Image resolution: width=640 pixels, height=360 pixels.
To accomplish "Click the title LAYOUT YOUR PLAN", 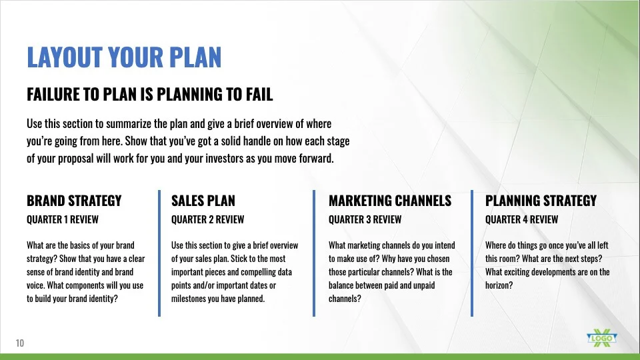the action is coord(124,57).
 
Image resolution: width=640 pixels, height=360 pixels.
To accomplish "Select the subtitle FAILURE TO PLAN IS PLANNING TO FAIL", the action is coord(150,94).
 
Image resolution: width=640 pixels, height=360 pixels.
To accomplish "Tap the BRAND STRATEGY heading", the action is coord(74,201).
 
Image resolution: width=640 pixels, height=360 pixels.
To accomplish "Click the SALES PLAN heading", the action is coord(203,201).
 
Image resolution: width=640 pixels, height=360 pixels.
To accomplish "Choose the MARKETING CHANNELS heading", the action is coord(390,201).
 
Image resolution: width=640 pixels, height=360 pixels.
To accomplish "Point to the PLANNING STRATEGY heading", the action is coord(541,201).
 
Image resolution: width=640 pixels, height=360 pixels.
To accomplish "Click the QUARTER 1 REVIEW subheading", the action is coord(63,219).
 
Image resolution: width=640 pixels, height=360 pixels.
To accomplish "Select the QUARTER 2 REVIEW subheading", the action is coord(208,219).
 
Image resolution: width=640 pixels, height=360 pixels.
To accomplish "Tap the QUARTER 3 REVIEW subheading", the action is coord(365,219).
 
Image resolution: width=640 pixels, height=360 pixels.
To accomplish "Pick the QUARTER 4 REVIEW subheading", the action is coord(521,219).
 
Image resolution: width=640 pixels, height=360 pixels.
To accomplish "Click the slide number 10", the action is coord(20,343).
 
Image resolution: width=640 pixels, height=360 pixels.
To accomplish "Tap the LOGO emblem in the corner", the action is coord(602,338).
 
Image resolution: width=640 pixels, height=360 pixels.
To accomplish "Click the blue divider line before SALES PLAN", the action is coord(159,253).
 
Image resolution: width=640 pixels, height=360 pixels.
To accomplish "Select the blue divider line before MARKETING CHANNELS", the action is coord(314,253).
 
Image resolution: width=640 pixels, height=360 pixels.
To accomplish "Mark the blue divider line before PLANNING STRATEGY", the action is coord(472,253).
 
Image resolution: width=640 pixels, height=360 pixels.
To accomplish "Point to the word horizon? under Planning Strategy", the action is coord(499,285).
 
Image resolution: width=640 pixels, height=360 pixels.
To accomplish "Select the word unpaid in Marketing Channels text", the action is coord(423,286).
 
